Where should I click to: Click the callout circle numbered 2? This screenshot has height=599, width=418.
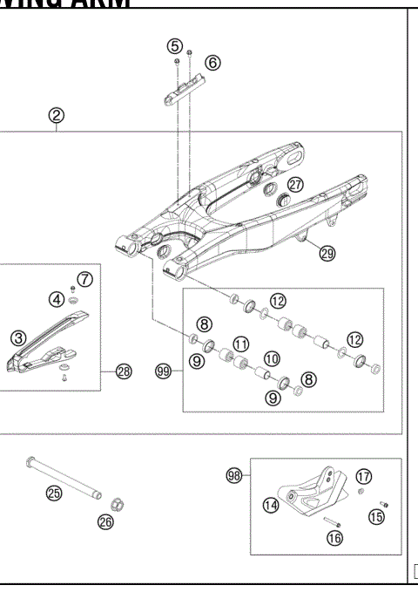tap(56, 115)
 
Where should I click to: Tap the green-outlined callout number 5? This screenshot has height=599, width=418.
tap(175, 45)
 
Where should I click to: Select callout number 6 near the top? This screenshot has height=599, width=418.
tap(213, 62)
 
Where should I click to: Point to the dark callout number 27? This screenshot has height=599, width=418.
tap(295, 185)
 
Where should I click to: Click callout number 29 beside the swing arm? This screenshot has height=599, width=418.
tap(327, 254)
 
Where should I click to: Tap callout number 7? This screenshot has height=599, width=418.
tap(84, 279)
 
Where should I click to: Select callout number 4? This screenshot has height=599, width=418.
tap(56, 299)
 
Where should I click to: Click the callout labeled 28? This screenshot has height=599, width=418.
tap(124, 371)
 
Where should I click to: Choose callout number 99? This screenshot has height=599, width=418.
tap(163, 371)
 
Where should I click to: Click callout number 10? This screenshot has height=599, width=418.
tap(272, 358)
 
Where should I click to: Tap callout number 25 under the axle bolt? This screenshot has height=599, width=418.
tap(54, 493)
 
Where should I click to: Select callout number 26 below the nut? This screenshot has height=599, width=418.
tap(106, 523)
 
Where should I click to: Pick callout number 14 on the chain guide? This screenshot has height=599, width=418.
tap(271, 504)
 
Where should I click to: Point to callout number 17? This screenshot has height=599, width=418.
tap(363, 476)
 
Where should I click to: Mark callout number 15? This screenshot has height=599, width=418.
tap(375, 516)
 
